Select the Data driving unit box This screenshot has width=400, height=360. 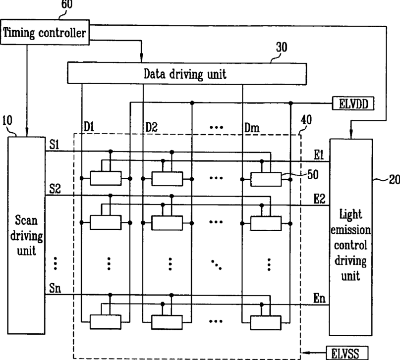point(186,74)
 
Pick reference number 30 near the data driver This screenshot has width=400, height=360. point(281,48)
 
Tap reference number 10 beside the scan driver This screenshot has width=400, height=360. point(7,120)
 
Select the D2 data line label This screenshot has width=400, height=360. point(151,127)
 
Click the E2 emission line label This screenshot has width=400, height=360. point(319,199)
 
